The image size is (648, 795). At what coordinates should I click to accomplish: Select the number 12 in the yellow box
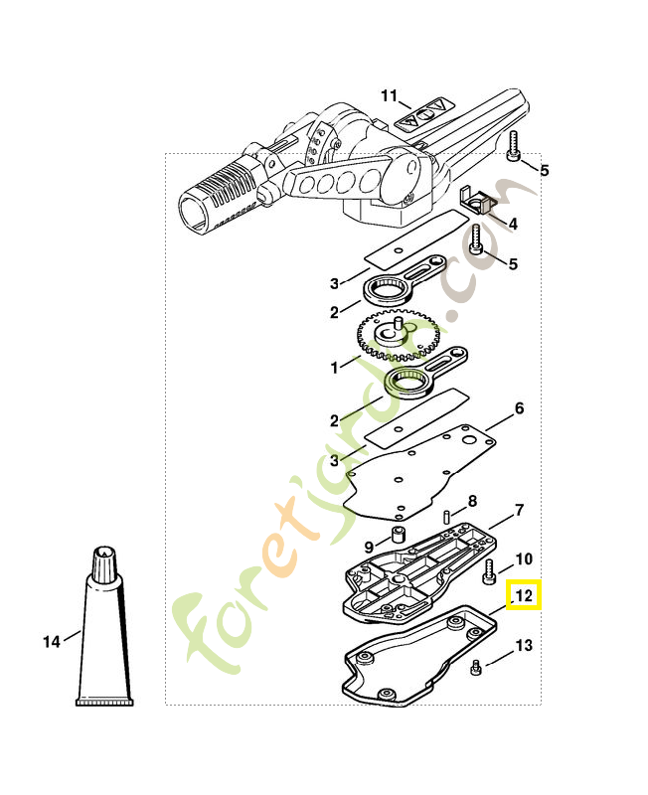coord(524,596)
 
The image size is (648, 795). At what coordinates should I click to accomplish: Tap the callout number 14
coord(52,642)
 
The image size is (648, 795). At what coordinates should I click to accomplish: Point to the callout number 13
coord(524,646)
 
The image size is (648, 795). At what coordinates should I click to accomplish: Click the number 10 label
coord(524,558)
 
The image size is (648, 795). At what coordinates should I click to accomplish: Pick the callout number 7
coord(519,512)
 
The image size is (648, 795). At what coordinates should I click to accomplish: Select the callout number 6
coord(519,408)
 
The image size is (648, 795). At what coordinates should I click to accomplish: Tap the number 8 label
coord(472,500)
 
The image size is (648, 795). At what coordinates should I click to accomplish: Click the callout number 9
coord(368,547)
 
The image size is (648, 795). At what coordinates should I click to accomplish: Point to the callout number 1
coord(335,367)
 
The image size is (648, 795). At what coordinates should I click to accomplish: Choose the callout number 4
coord(513,225)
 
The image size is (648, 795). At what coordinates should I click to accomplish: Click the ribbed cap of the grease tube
coord(104,563)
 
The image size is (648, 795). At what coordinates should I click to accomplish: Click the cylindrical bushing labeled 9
coord(398,539)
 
